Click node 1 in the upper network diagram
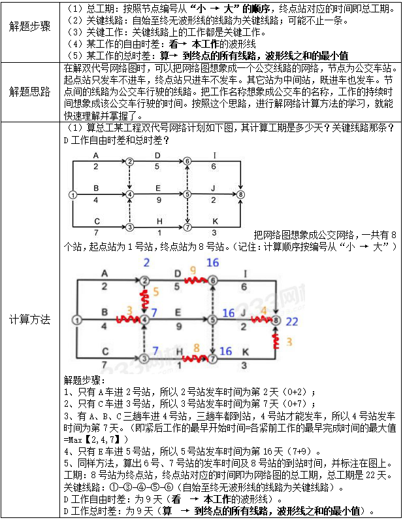pyautogui.click(x=73, y=194)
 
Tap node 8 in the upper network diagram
pyautogui.click(x=241, y=194)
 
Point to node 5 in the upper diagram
pyautogui.click(x=187, y=194)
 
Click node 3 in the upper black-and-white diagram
pyautogui.click(x=129, y=227)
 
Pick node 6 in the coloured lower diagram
pyautogui.click(x=212, y=280)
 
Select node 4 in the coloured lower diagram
pyautogui.click(x=144, y=320)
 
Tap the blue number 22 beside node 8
pyautogui.click(x=291, y=321)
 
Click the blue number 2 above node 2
pyautogui.click(x=146, y=263)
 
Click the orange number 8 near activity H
pyautogui.click(x=196, y=348)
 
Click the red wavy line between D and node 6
pyautogui.click(x=193, y=280)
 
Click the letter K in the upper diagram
pyautogui.click(x=214, y=221)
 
